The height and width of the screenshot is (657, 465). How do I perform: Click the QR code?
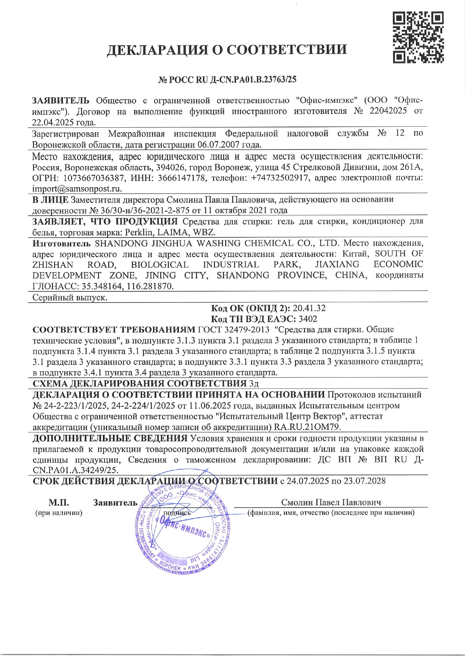418,37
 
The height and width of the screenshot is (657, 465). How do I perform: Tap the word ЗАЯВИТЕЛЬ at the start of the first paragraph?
61,100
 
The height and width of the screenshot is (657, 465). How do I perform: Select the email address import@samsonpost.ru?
76,189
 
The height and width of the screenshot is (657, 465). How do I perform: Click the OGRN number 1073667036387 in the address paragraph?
94,178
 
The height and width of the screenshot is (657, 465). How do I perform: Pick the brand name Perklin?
139,232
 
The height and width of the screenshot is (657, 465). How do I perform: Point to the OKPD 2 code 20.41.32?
309,308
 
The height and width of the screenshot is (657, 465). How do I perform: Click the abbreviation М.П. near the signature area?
58,503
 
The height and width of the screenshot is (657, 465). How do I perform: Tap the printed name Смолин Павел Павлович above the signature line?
331,502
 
